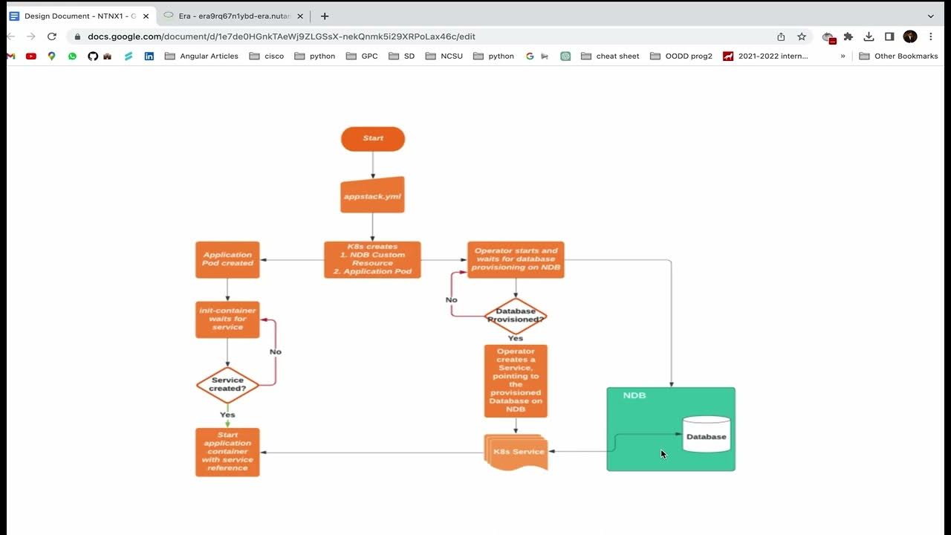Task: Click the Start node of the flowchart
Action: point(373,139)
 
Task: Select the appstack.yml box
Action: point(372,195)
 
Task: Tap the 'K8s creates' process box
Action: point(372,259)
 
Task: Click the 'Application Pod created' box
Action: point(227,259)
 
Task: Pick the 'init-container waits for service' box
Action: point(227,320)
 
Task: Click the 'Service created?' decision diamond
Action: point(227,385)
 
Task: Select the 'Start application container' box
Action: point(227,452)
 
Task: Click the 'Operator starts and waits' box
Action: point(516,259)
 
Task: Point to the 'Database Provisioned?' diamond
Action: point(516,316)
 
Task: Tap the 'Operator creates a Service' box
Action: point(516,380)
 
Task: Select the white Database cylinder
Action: point(706,435)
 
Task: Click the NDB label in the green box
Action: point(634,395)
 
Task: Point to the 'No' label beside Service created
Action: point(276,351)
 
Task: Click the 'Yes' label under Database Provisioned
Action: point(515,338)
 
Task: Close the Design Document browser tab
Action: point(146,16)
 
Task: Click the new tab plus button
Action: point(324,16)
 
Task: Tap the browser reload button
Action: point(52,36)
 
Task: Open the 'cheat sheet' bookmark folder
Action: point(610,56)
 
